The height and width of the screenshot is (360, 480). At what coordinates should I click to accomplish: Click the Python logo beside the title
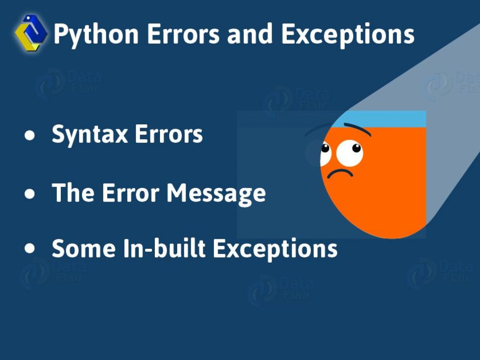pos(31,33)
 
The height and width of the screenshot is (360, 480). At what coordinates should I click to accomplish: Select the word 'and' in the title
pos(250,34)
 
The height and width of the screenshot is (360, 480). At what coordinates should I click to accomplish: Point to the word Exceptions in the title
pos(348,35)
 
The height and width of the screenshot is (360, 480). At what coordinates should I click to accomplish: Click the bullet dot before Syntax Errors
pos(30,135)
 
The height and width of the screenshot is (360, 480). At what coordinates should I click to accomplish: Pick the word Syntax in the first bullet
pos(90,135)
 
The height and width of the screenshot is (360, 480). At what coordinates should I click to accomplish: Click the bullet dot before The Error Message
pos(30,194)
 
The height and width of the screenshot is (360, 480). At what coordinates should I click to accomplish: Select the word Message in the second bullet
pos(216,194)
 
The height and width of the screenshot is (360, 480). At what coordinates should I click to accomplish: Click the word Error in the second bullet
pos(130,192)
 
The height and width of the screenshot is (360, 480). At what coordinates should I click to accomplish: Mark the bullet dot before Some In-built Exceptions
pos(30,248)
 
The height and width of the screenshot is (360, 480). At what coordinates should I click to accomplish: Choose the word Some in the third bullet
pos(84,248)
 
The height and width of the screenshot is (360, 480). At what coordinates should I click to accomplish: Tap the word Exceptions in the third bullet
pos(275,249)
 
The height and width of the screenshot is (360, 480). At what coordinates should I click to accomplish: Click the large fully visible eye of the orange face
pos(350,153)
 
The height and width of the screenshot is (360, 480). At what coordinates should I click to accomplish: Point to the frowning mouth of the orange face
pos(340,173)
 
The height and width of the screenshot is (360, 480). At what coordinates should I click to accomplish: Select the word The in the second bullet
pos(73,192)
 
